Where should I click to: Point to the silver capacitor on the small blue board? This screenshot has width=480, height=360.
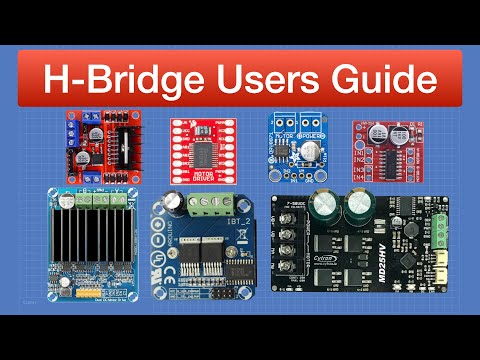[x=311, y=147]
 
